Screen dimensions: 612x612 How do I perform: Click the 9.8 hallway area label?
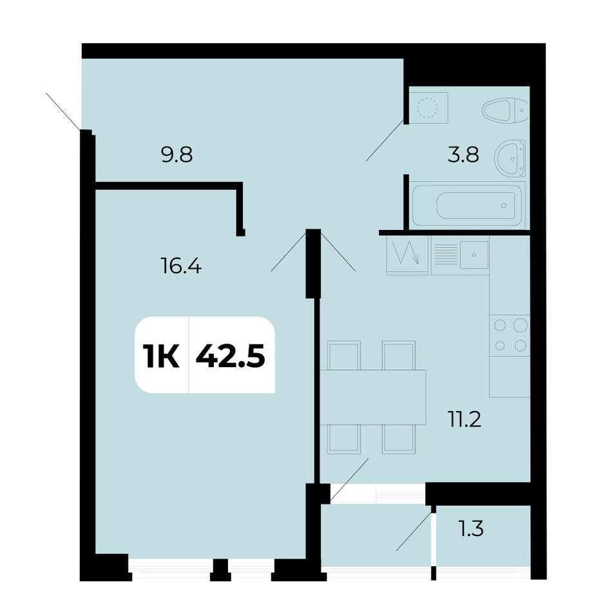tap(177, 155)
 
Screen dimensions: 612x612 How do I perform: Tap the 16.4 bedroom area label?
tap(181, 267)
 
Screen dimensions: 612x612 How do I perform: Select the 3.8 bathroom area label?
tap(463, 155)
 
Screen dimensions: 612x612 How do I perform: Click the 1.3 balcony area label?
tap(471, 528)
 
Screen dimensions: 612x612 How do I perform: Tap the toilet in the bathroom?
tap(505, 110)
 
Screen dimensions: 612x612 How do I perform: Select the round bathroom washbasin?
tap(510, 158)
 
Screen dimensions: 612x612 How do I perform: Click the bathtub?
tap(467, 205)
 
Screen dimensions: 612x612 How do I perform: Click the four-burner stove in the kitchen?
tap(510, 335)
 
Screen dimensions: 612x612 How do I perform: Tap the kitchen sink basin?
tap(474, 255)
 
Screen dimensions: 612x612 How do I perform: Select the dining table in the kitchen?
tap(373, 397)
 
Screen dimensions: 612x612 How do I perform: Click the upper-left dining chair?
tap(344, 356)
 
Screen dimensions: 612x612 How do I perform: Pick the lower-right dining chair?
tap(399, 439)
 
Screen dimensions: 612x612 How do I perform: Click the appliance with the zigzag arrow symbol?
tap(408, 255)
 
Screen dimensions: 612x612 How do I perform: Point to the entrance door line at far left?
tap(63, 111)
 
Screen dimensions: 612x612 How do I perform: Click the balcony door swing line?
tap(414, 530)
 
